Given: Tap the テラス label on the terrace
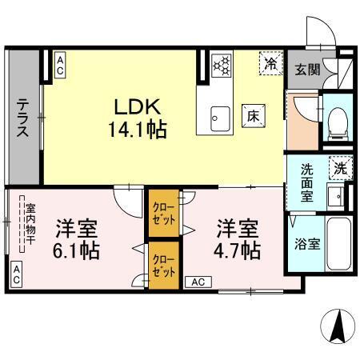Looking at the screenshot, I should tap(24, 119).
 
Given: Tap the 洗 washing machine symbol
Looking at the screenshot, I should tap(341, 168).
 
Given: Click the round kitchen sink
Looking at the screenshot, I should tap(215, 120).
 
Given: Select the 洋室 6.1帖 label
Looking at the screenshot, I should tap(77, 238).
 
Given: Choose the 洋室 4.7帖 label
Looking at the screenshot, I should tap(238, 238).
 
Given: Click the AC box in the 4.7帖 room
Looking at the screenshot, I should tap(198, 282).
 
